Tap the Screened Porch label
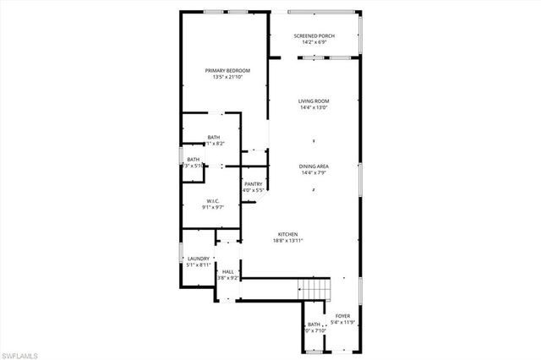coord(314,36)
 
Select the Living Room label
coord(314,101)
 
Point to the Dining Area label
coord(314,166)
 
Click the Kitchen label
coord(288,234)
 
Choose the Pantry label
coord(254,183)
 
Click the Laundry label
coord(198,259)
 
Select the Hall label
coord(228,271)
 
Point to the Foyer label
coord(342,315)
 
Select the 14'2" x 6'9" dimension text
coord(314,42)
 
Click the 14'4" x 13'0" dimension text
coord(314,107)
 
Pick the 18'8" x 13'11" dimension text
coord(288,241)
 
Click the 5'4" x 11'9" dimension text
coord(342,321)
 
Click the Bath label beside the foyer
coord(314,325)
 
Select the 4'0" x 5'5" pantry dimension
coord(254,190)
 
